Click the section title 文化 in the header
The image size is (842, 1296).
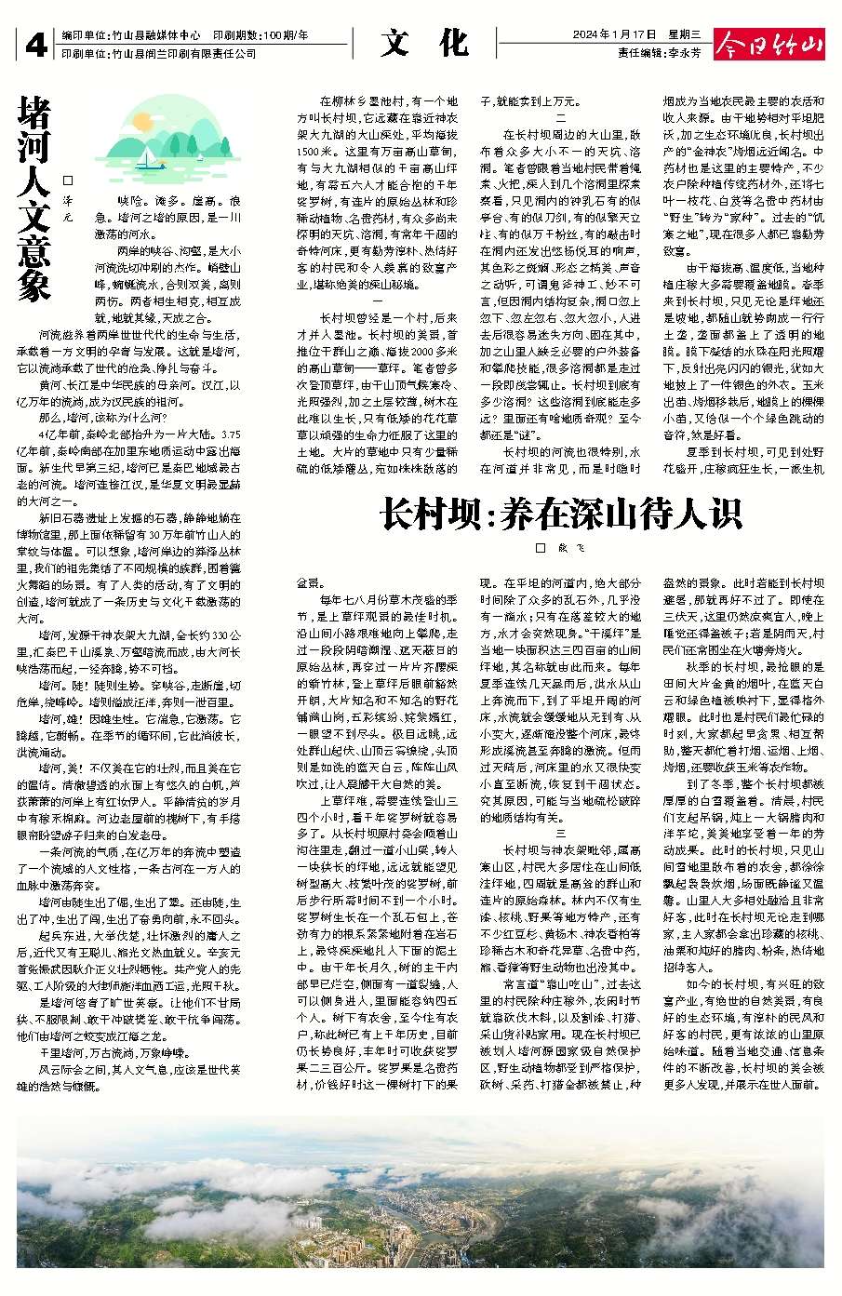(x=423, y=43)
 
